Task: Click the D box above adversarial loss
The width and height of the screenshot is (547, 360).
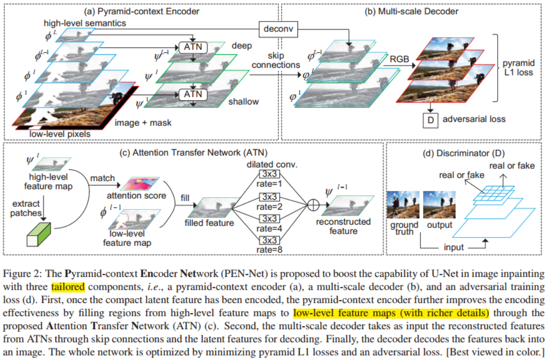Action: pos(429,120)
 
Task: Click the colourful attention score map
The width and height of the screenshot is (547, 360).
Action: pos(142,183)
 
